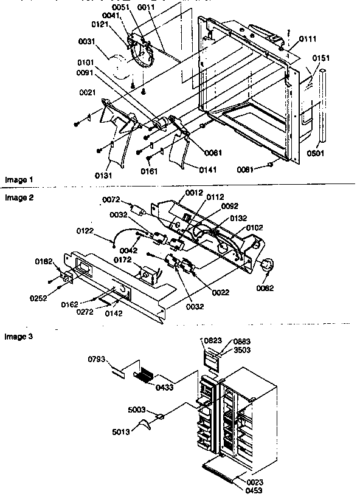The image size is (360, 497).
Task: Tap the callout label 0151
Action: tap(321, 58)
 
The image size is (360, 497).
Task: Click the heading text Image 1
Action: tap(16, 180)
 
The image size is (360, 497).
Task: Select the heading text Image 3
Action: tap(16, 336)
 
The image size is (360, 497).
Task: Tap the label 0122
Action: tap(85, 230)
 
